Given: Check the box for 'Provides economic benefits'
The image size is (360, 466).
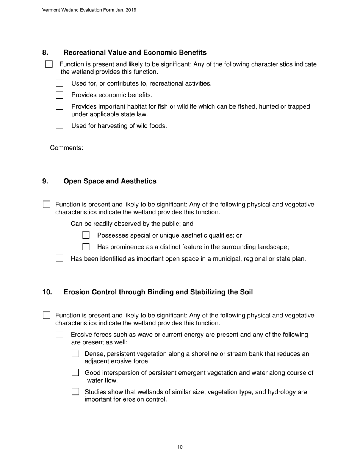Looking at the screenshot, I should point(59,95).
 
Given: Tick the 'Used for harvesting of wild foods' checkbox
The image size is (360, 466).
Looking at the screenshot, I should point(59,126).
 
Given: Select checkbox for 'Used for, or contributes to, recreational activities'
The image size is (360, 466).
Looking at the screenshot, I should point(59,83).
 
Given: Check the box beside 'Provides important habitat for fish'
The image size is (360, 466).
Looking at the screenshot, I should point(59,107).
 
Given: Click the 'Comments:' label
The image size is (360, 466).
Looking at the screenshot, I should point(66,148).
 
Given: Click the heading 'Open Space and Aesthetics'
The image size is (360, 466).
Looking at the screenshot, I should point(110,181).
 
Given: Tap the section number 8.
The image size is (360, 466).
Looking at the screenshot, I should point(45,53).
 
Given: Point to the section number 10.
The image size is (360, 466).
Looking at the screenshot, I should point(47,292).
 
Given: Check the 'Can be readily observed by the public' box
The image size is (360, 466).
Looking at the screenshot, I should point(59,224).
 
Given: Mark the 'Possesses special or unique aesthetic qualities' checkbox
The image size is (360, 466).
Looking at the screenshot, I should point(86,236).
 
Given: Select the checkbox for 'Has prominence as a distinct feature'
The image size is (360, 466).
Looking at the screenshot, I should point(86,247).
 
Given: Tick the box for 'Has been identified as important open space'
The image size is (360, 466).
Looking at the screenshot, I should point(59,259).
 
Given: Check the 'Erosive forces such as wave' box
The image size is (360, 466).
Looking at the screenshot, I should point(59,335).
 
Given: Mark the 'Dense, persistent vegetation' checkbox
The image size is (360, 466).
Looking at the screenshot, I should point(76,354).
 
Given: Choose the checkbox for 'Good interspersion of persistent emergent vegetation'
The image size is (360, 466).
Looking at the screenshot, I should point(76,373).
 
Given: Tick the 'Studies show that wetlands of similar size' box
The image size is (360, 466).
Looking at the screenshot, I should point(76,392).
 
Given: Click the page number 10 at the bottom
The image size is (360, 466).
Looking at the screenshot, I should point(180,447).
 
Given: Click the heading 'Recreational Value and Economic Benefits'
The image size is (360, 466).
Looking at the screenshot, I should point(135,53).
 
